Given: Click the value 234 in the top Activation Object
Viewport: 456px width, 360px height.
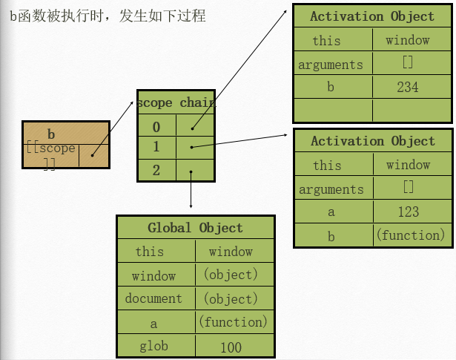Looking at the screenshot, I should tap(407, 88).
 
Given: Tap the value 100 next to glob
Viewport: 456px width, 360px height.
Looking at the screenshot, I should tap(231, 347).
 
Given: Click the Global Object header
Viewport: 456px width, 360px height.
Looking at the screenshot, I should tap(195, 228).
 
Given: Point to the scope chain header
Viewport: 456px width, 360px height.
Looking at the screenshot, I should tap(176, 103).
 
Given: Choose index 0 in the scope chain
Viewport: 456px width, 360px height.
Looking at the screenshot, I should tap(156, 127).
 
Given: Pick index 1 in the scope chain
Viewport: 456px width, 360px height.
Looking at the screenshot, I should tap(156, 147).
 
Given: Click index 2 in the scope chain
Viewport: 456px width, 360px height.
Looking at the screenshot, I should tap(156, 171).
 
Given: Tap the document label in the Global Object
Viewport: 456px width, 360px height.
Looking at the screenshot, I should tap(153, 298).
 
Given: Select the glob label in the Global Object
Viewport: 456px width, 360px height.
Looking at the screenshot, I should tap(153, 346).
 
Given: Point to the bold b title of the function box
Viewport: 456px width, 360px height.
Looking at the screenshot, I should tap(51, 134).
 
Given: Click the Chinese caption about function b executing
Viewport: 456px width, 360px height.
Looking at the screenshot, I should tap(108, 16).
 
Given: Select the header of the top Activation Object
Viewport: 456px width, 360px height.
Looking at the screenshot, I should tap(372, 16).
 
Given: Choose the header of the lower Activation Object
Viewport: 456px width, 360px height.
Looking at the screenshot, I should tap(372, 141).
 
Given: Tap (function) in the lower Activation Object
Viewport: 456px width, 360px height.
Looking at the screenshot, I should tap(410, 235).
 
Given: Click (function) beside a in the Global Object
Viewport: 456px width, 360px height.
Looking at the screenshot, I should tap(233, 322).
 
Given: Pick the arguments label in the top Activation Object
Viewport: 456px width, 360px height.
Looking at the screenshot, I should tap(331, 65).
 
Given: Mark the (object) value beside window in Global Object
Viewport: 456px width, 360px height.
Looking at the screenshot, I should tap(231, 275).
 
